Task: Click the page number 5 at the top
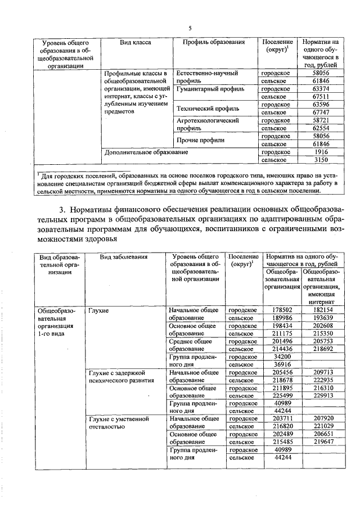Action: [190, 28]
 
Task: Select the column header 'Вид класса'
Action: [136, 43]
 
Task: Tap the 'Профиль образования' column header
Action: [213, 43]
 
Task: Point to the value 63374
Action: [320, 89]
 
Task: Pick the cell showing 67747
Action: [320, 112]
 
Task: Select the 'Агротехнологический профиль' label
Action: [209, 124]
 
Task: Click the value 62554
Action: [320, 128]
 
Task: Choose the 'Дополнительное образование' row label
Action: [146, 152]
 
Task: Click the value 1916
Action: [320, 152]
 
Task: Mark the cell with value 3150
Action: [320, 160]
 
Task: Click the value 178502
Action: [282, 310]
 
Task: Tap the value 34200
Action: [282, 357]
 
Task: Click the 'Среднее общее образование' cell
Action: [190, 345]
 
